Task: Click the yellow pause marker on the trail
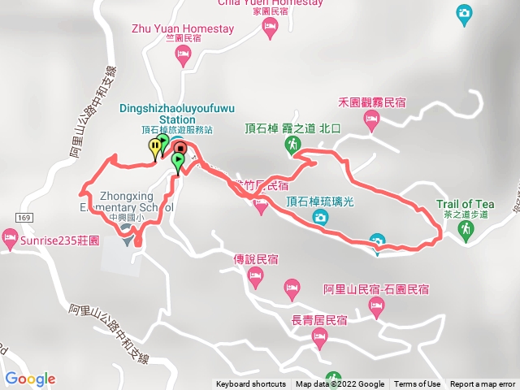(x=154, y=146)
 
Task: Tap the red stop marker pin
(x=180, y=149)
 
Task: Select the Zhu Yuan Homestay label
(x=183, y=29)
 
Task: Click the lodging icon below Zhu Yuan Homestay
(x=184, y=55)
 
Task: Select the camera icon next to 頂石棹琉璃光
(x=321, y=217)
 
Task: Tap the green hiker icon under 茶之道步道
(x=466, y=232)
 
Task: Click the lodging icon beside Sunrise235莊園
(x=10, y=240)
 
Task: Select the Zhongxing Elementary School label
(x=136, y=201)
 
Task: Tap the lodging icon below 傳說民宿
(x=255, y=279)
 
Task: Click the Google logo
(x=30, y=379)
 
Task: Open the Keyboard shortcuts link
(x=250, y=384)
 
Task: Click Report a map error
(x=483, y=384)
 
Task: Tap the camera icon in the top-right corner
(x=463, y=12)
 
